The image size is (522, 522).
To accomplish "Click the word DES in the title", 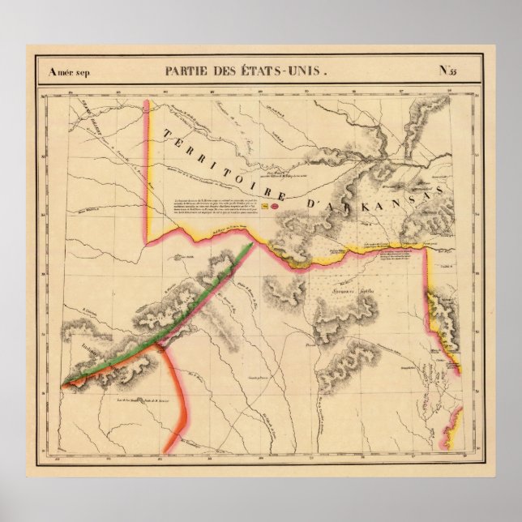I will (x=233, y=71).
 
